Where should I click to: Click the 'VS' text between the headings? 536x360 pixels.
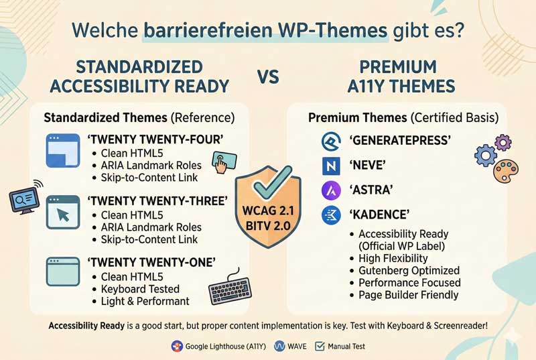268,76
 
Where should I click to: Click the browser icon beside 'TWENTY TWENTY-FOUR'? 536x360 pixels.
63,150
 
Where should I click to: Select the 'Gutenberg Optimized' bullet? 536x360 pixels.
409,270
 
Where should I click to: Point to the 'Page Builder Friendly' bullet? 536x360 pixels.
408,294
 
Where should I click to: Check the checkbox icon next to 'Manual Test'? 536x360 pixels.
320,346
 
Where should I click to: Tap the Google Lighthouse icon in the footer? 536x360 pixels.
177,346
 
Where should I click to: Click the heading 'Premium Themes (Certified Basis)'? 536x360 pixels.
403,117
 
